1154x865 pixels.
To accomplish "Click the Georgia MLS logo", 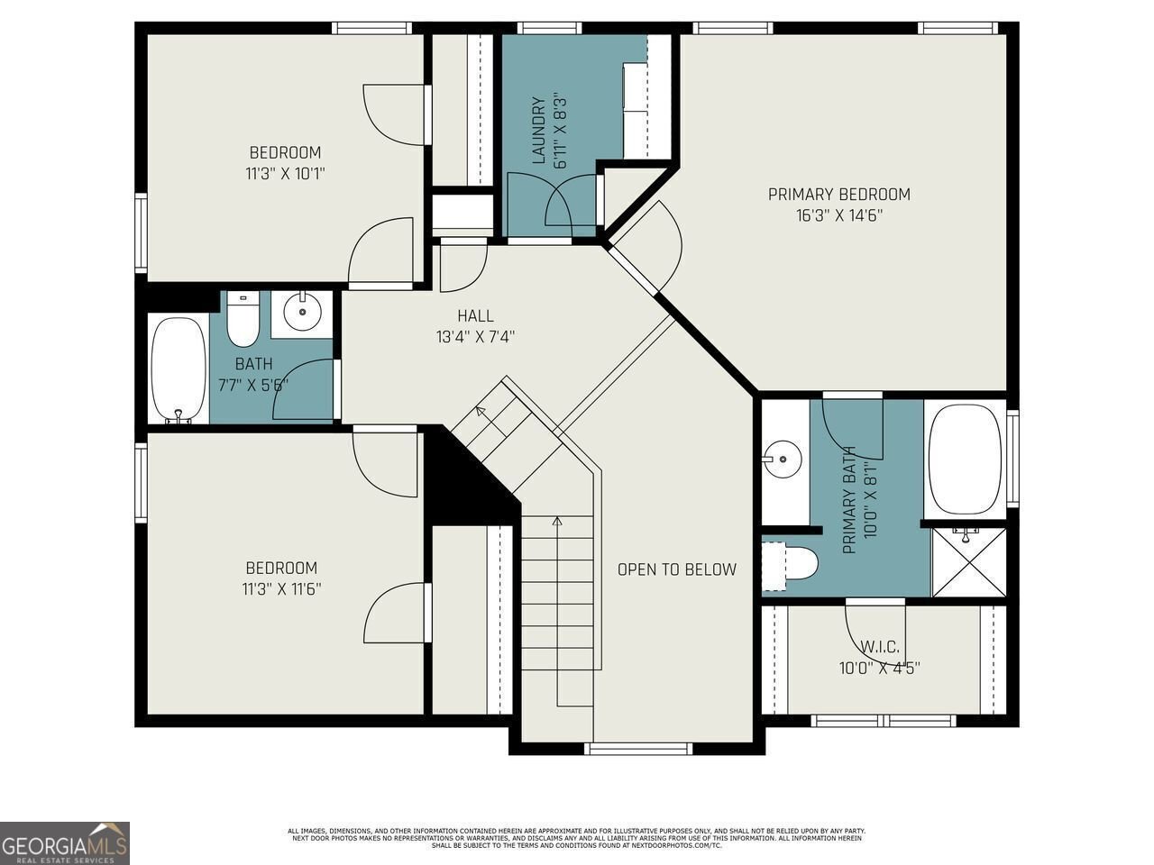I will point(65,843).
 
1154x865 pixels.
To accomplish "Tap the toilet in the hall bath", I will point(243,320).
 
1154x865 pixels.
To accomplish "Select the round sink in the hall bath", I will point(302,313).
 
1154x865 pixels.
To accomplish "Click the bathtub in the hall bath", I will point(178,370).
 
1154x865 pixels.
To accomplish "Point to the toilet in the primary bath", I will point(792,564).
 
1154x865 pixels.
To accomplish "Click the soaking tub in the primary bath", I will point(965,460).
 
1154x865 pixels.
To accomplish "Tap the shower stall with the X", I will point(968,562).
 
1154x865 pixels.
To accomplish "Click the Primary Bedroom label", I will point(838,194).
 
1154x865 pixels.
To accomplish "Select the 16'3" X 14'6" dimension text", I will point(838,215).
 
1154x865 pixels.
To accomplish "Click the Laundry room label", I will point(538,131).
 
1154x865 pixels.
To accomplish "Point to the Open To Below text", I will point(676,569).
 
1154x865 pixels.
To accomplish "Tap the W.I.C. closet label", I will point(879,647).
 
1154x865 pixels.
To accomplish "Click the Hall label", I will point(475,315).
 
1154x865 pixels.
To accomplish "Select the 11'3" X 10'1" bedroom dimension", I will point(285,173).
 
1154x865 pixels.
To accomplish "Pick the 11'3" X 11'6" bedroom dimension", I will point(281,589).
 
